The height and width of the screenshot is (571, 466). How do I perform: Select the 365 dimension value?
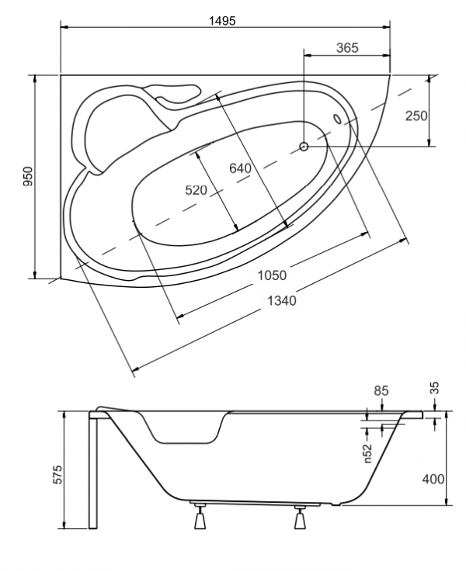[x=346, y=47]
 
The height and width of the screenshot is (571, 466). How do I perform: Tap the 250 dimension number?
[x=416, y=116]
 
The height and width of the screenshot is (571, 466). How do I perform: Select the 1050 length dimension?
[x=273, y=275]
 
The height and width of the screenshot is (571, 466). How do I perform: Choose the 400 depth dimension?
[x=433, y=479]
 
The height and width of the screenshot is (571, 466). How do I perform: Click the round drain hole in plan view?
[x=304, y=146]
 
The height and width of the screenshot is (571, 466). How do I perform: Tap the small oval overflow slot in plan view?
[x=337, y=119]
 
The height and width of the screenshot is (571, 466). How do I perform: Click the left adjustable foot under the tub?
[x=200, y=517]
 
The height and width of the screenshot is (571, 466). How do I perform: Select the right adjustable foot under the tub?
[x=301, y=517]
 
